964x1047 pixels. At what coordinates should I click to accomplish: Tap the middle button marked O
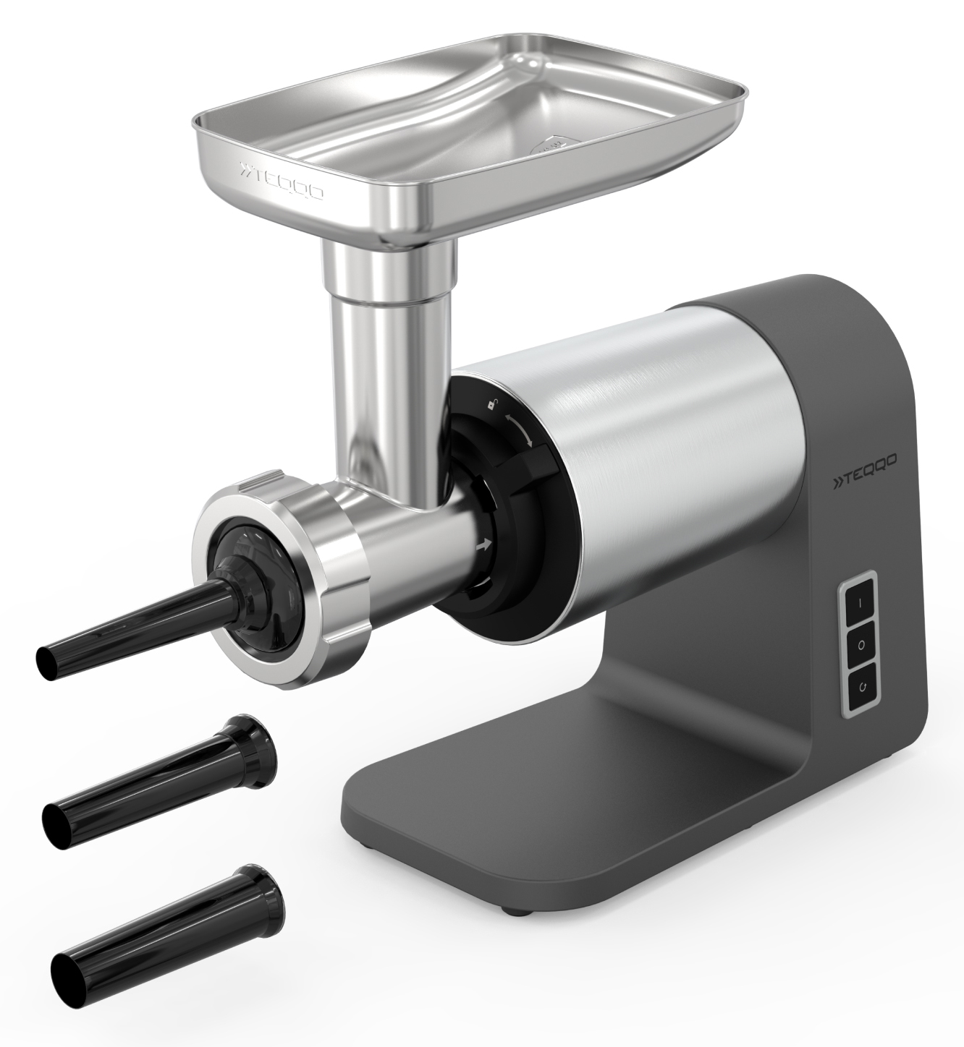pos(861,646)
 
